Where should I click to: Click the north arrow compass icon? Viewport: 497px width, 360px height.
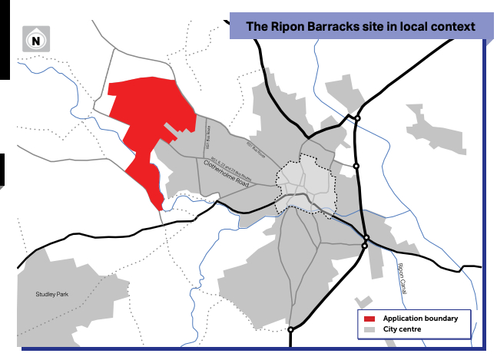click(35, 40)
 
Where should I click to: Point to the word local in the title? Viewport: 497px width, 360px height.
click(413, 27)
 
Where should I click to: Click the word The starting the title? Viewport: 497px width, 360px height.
click(257, 27)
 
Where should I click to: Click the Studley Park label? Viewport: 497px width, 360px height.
click(51, 294)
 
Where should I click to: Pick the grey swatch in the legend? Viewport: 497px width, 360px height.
click(369, 329)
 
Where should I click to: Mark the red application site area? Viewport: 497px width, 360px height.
click(142, 123)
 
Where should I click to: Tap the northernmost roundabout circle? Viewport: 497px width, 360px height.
click(357, 118)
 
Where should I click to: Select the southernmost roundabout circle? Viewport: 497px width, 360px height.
click(290, 330)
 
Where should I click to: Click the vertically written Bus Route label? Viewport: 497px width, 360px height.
click(207, 140)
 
